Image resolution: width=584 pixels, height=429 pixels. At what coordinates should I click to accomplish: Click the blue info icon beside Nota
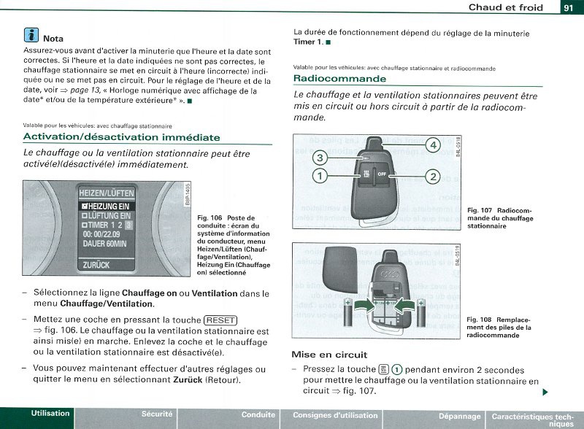pos(31,36)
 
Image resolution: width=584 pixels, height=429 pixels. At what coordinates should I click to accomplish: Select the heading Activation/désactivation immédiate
pos(121,137)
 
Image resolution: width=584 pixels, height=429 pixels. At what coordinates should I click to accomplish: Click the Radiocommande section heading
pos(339,79)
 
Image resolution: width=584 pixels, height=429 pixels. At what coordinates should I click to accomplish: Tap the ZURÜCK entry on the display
pos(97,266)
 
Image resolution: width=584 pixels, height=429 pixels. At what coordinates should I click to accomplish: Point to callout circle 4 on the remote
pos(432,144)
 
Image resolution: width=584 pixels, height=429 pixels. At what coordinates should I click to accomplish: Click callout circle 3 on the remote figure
pos(319,158)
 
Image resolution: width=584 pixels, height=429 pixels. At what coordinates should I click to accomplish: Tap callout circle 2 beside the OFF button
pos(432,176)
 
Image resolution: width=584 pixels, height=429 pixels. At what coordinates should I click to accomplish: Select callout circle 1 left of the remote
pos(319,175)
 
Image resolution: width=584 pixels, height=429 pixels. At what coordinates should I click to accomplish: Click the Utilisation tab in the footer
pos(50,414)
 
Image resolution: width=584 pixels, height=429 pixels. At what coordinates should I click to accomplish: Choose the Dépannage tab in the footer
pos(459,416)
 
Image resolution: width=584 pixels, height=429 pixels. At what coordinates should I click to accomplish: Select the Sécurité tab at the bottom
pos(157,414)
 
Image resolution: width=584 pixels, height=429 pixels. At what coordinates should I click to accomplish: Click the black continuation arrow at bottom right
pos(545,393)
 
